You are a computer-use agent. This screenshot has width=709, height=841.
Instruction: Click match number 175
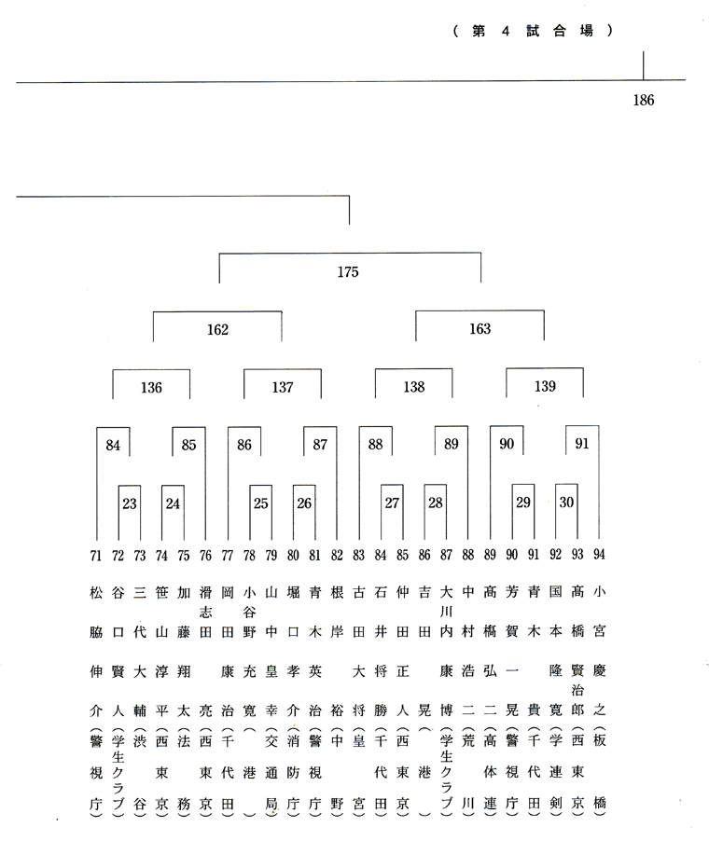[x=348, y=272]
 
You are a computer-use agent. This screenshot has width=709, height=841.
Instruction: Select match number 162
[x=217, y=329]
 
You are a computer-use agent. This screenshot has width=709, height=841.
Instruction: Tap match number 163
[x=480, y=329]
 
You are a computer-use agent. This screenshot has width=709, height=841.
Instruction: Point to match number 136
[x=151, y=388]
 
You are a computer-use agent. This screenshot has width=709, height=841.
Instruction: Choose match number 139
[x=545, y=386]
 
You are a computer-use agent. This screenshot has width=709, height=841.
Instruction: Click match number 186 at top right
[x=644, y=101]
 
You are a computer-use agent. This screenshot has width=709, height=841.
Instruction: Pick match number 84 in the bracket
[x=113, y=445]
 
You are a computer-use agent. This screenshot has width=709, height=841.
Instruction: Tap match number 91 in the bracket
[x=582, y=444]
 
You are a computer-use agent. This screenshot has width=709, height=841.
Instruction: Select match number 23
[x=130, y=503]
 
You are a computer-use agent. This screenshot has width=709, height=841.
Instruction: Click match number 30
[x=566, y=502]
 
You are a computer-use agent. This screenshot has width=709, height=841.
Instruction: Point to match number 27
[x=392, y=503]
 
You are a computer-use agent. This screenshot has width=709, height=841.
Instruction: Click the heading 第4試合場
[x=533, y=31]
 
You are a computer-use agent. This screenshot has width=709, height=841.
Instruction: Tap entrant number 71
[x=95, y=556]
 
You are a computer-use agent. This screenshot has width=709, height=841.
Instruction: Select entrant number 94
[x=599, y=554]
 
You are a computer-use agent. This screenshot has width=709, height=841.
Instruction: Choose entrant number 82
[x=337, y=555]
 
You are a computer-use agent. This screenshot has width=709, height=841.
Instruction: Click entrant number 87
[x=446, y=555]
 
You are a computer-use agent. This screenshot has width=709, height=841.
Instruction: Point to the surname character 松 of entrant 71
[x=95, y=593]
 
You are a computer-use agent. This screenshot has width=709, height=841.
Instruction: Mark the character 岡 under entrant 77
[x=227, y=593]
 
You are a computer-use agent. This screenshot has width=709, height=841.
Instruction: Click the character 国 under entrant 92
[x=555, y=592]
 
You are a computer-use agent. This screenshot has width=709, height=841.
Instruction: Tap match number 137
[x=283, y=387]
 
